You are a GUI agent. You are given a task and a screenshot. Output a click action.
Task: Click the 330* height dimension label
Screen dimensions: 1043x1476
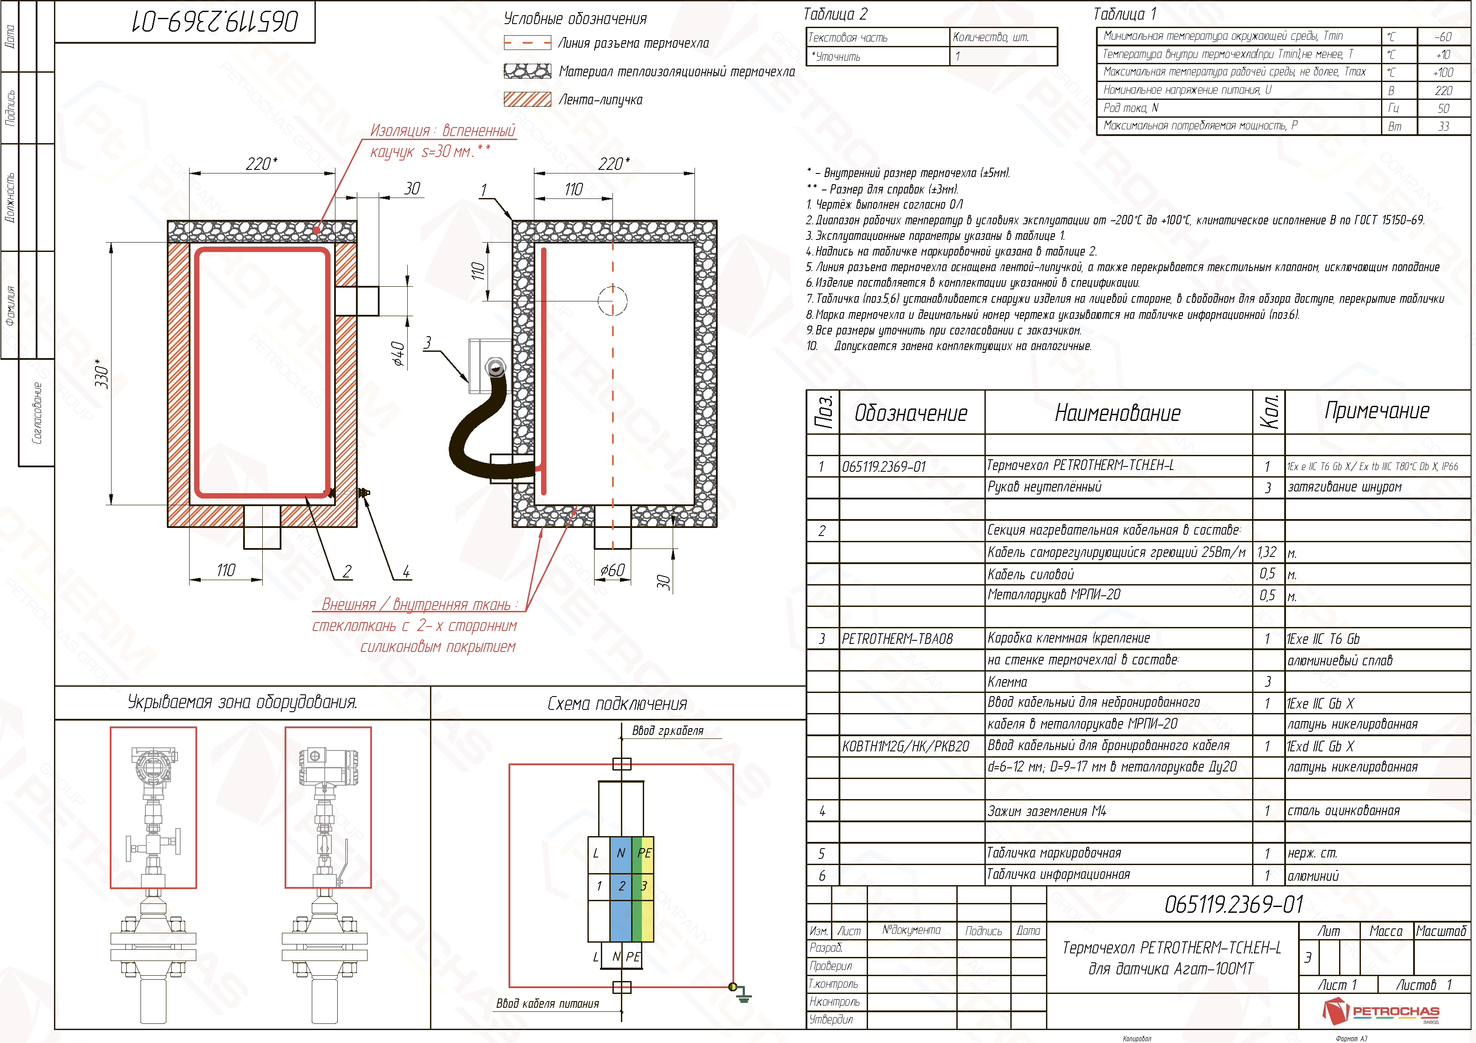click(102, 373)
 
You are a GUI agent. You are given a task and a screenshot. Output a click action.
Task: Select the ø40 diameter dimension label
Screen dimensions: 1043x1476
click(399, 354)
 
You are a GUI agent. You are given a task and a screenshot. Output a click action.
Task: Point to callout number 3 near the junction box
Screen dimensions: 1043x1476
click(427, 342)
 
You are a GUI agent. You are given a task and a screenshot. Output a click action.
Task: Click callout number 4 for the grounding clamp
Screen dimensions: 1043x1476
click(406, 571)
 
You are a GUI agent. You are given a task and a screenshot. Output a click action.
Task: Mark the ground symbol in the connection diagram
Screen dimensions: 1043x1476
click(744, 997)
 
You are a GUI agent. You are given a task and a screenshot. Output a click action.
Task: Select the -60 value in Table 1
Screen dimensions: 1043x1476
click(1443, 37)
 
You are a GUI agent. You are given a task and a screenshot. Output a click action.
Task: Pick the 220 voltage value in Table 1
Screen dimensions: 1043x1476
click(1443, 91)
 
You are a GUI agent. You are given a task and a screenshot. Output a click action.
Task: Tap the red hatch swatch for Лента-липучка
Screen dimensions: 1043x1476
click(527, 99)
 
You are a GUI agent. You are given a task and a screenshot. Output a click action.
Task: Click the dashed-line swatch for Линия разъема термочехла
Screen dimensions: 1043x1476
click(527, 43)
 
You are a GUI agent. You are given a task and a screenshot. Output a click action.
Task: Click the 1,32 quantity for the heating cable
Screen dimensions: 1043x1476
click(1266, 552)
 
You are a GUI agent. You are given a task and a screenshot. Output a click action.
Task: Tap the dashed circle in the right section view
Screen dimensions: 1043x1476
click(612, 300)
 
